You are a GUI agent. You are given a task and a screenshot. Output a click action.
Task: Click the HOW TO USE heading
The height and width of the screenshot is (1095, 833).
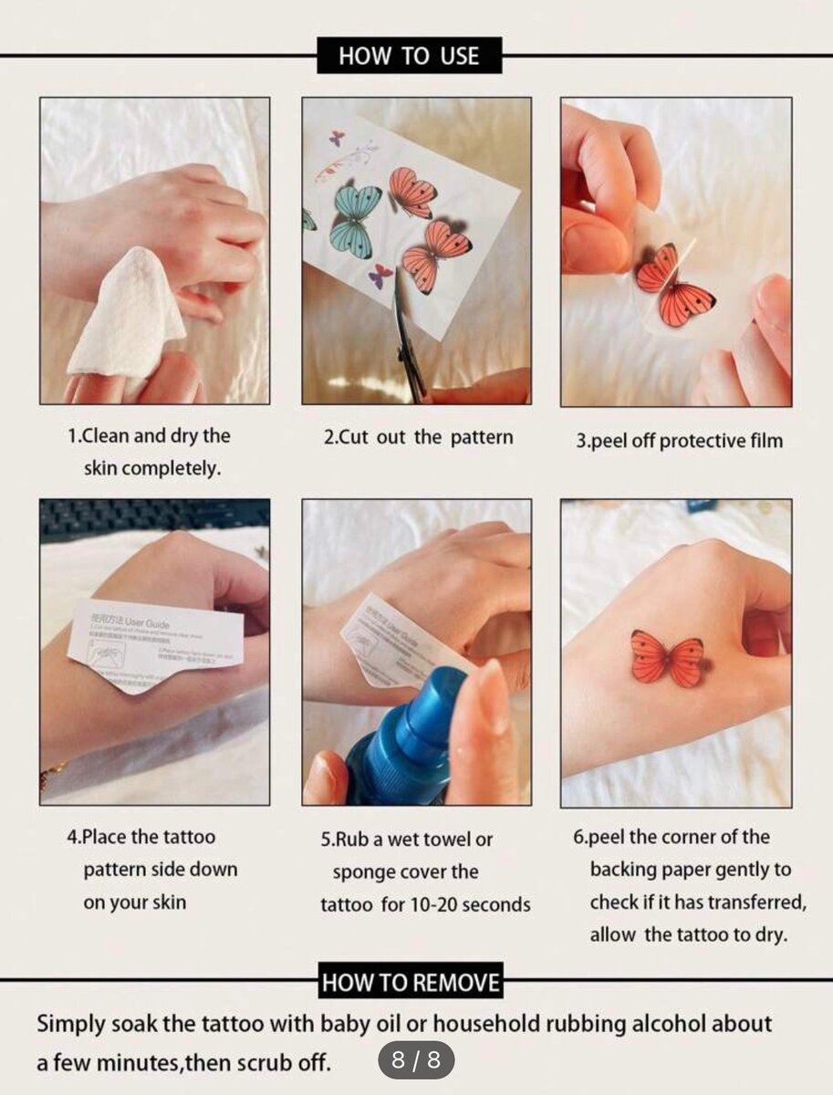coord(409,57)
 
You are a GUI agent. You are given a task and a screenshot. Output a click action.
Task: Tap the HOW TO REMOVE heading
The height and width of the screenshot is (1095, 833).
coord(411,983)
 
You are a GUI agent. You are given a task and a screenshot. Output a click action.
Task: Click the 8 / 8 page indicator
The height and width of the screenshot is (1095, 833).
coord(416,1060)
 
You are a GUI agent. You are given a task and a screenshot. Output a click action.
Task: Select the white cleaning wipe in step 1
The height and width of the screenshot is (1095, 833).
coord(123,310)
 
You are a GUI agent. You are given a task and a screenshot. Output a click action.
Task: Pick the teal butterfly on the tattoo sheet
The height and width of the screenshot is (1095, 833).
coord(356,220)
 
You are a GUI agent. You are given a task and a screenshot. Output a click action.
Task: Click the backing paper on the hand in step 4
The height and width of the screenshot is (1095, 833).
coord(155,643)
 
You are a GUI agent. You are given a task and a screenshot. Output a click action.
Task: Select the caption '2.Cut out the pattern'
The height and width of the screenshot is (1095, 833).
coord(418,437)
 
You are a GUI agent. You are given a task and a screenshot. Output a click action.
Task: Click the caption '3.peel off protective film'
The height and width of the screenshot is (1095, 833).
coord(679,441)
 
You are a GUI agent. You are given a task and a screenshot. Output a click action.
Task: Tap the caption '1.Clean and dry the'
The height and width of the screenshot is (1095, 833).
coord(150,436)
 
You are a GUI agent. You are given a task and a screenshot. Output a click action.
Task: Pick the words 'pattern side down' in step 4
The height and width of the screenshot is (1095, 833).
coord(161,870)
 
